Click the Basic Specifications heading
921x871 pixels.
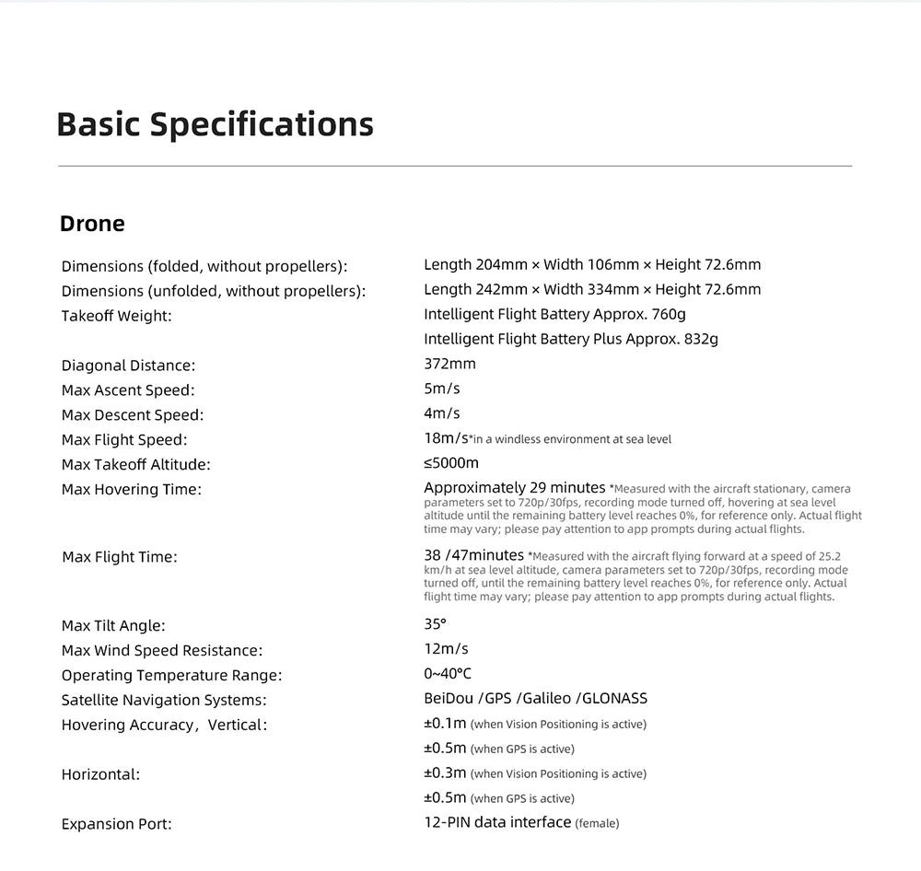(x=215, y=124)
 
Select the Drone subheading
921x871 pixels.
(x=92, y=224)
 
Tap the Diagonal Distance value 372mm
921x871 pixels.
(x=449, y=364)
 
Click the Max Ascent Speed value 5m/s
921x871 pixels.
(x=442, y=389)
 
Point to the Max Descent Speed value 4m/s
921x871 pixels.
(x=442, y=413)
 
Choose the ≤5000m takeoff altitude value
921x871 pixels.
(x=451, y=463)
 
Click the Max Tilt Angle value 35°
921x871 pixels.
(x=435, y=624)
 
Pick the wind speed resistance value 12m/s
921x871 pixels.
(x=446, y=649)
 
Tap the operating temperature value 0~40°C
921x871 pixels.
(x=448, y=674)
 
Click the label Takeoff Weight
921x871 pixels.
(x=117, y=316)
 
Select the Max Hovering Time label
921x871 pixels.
(x=132, y=489)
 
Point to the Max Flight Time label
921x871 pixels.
(x=120, y=557)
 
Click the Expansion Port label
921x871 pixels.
(x=117, y=824)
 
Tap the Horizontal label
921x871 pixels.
(x=101, y=774)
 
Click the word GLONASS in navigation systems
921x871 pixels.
(x=615, y=699)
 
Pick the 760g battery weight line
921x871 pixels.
(x=554, y=314)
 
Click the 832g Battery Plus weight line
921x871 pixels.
(x=571, y=339)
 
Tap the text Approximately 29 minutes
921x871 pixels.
(x=514, y=488)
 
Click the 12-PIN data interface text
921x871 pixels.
(x=497, y=822)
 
